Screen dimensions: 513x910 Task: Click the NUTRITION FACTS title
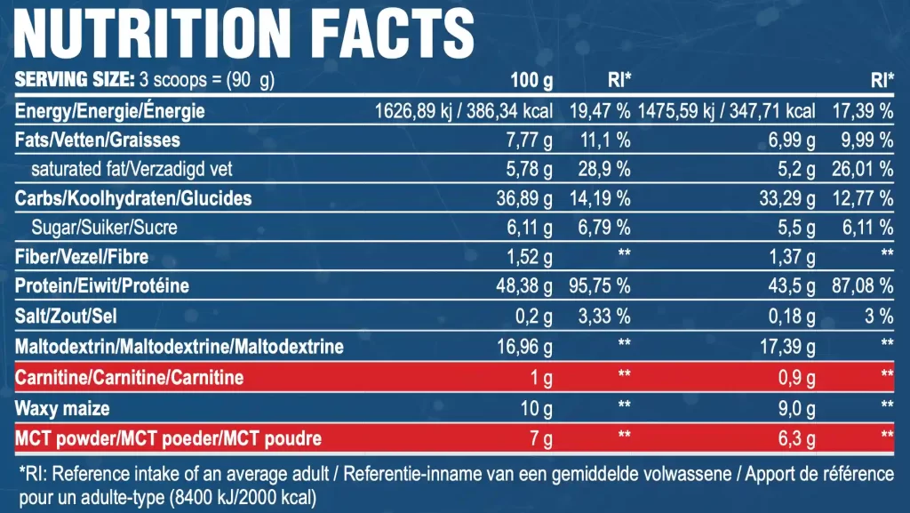[245, 34]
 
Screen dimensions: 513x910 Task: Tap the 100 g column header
[531, 82]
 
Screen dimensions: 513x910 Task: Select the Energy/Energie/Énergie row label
[110, 111]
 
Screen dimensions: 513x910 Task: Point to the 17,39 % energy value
[861, 111]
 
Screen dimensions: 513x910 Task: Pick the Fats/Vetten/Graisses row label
[98, 140]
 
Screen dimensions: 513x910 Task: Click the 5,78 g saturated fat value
[530, 169]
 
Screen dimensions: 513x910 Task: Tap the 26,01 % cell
[861, 169]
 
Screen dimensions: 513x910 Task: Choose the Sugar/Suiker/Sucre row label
[104, 227]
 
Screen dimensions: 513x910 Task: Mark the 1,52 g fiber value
[530, 258]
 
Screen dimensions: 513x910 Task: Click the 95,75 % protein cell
[599, 287]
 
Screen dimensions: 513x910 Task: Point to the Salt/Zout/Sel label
[66, 317]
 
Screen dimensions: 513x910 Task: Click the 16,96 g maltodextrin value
[525, 346]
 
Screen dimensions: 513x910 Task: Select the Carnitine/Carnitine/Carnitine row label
[130, 378]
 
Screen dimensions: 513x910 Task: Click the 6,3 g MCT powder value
[794, 438]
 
